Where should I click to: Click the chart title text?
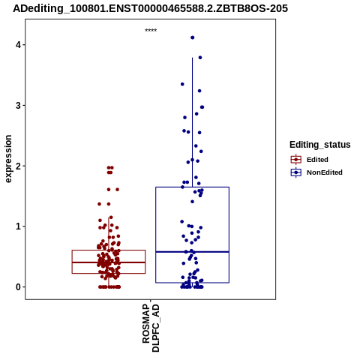pos(151,9)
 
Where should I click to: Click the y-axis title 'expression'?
pos(8,159)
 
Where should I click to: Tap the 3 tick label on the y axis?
pos(18,106)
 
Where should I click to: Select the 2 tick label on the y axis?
pos(18,166)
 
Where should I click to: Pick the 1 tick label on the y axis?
pos(18,226)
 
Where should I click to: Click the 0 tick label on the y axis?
pos(18,287)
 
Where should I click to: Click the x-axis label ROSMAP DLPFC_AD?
pos(151,328)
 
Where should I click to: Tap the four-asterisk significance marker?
pos(151,31)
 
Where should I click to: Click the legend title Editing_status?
pos(320,145)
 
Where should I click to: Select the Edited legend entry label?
pos(317,160)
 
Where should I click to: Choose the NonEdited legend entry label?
pos(325,172)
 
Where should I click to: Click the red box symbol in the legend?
pos(296,160)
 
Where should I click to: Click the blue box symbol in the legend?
pos(296,172)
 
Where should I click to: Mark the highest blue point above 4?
pos(193,37)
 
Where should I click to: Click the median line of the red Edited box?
pos(109,262)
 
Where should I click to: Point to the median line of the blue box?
pos(192,252)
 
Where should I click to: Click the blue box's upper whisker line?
pos(192,122)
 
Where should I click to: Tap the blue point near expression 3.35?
pos(182,84)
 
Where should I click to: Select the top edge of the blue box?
pos(192,187)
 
